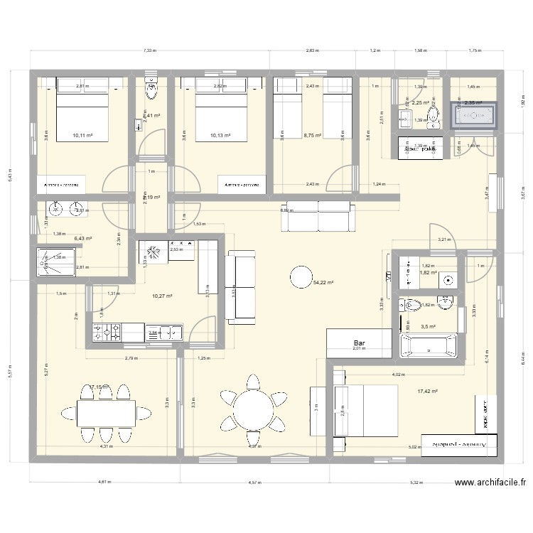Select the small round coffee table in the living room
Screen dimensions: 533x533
301,276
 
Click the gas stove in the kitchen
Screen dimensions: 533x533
107,330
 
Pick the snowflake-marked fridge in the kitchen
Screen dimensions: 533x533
151,251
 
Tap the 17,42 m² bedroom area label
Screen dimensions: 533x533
428,391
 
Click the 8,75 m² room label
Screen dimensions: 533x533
312,135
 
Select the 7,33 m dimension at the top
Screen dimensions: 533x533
149,51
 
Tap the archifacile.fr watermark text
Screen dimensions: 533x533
488,483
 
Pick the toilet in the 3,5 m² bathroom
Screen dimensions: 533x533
411,306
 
